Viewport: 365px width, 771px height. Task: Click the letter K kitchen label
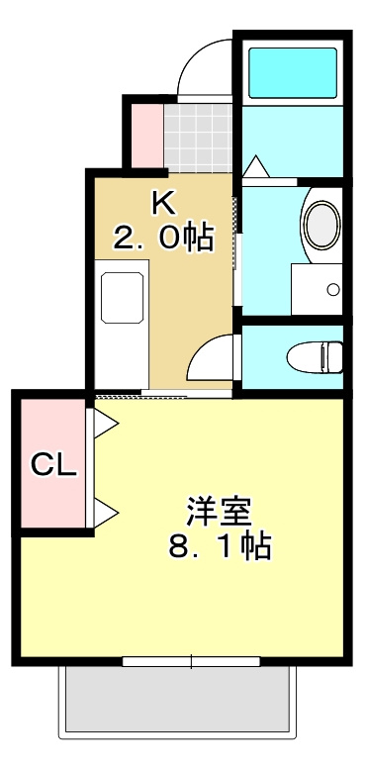163,203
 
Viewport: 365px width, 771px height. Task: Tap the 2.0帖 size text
163,238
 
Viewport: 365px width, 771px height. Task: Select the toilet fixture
315,353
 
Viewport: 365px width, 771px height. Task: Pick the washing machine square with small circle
318,288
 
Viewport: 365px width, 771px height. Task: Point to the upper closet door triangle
106,424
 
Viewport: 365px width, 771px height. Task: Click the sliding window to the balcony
191,660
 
